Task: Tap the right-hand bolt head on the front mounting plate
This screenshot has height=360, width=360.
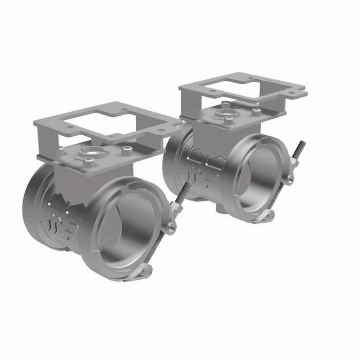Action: [127, 150]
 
